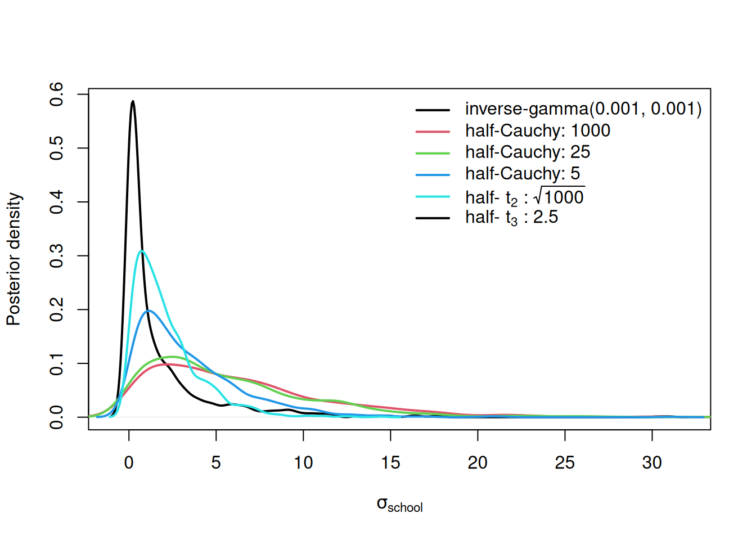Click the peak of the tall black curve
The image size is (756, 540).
coord(133,102)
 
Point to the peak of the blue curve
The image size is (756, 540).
coord(148,310)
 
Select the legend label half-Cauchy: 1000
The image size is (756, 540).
coord(537,130)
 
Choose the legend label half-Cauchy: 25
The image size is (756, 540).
coord(527,152)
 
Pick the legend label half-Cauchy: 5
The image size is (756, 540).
coord(522,173)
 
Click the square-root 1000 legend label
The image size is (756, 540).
coord(524,197)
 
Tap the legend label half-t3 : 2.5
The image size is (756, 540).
coord(511,217)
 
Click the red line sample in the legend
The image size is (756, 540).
coord(433,131)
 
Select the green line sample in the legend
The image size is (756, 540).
coord(433,152)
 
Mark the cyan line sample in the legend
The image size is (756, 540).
coord(433,196)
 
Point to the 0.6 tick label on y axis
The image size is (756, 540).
coord(57,94)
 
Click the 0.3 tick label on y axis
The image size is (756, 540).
coord(57,256)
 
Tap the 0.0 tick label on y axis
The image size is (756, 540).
coord(57,417)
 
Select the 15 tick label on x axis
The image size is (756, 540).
coord(390,462)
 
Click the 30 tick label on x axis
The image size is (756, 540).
coord(652,462)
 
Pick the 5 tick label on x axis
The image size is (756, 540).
coord(216,462)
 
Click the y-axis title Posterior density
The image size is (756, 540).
coord(13,259)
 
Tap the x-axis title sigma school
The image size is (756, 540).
coord(399,505)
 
